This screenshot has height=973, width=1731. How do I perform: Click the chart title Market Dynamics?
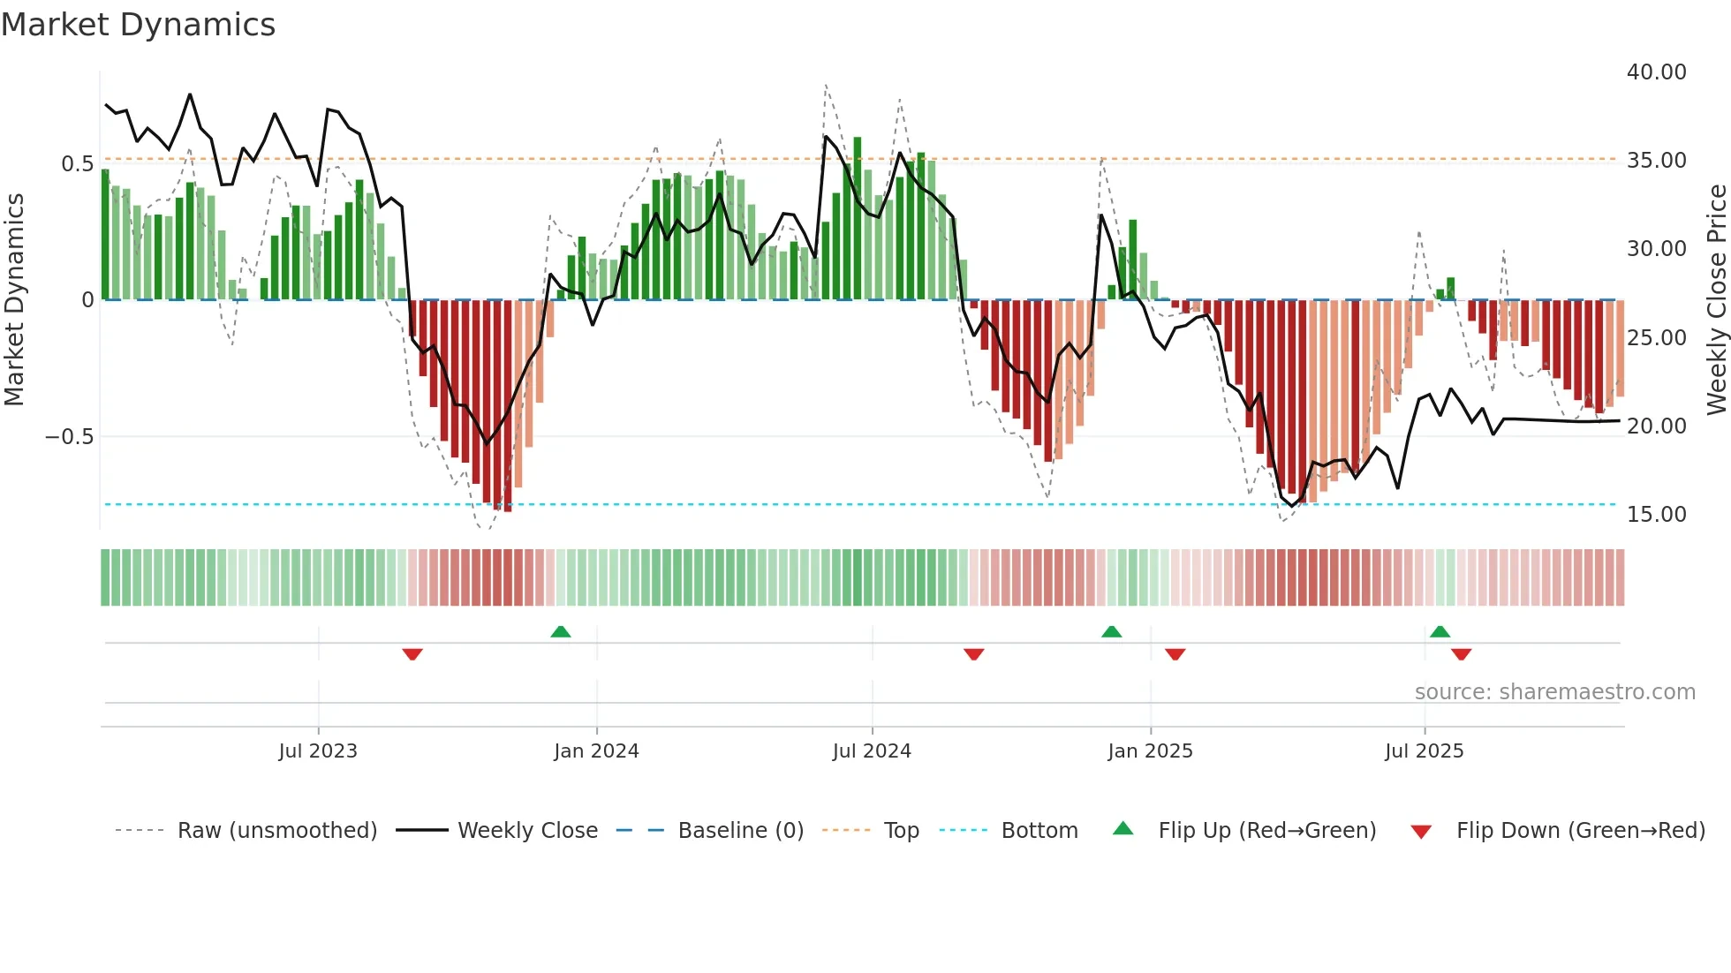click(138, 25)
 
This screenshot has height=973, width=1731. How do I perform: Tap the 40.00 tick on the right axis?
click(1656, 72)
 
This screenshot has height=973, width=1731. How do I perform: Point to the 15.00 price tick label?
click(1656, 515)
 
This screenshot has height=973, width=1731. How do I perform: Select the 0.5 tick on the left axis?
click(77, 164)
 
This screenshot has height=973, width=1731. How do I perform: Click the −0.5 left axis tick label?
click(69, 437)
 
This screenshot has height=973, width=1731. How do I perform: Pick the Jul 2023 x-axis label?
click(318, 751)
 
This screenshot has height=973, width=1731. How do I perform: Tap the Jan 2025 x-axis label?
click(1150, 751)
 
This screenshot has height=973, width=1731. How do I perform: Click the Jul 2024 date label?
click(872, 751)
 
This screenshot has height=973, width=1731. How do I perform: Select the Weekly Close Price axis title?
click(1716, 300)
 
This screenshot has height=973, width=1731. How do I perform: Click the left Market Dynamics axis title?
click(14, 300)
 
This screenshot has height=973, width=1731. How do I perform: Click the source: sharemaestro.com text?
click(1554, 692)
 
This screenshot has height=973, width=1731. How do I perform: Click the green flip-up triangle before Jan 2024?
click(561, 632)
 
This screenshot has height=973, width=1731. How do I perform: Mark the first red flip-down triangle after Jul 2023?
click(412, 654)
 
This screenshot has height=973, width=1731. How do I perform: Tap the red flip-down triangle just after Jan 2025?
click(1175, 654)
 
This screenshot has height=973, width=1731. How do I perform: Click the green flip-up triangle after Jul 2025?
click(1440, 632)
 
